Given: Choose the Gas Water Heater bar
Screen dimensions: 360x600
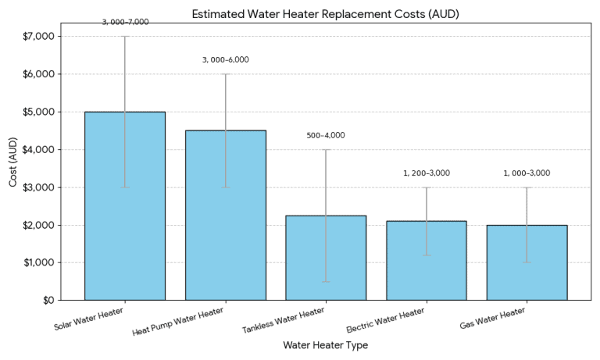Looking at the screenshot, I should point(527,262).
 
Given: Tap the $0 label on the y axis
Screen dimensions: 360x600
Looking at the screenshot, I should point(47,301).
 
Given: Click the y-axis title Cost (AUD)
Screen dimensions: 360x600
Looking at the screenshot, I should point(13,168).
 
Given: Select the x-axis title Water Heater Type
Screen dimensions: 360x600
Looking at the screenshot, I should point(325,345).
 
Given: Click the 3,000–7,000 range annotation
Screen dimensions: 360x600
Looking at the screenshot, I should point(125,22).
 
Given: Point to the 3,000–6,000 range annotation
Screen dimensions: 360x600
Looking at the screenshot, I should point(225,60).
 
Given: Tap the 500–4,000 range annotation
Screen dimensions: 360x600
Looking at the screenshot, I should point(326,135).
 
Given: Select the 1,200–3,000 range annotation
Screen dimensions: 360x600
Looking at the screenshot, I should point(427,173).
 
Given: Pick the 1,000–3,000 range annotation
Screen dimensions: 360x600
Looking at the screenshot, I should point(527,173).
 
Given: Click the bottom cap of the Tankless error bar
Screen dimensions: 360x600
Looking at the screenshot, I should point(326,281).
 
